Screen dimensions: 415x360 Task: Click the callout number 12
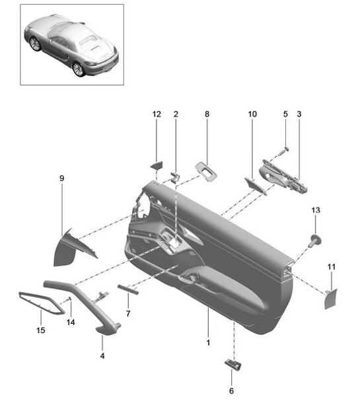point(157,114)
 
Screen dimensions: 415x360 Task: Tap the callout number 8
point(206,114)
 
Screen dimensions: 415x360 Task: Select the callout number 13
point(316,210)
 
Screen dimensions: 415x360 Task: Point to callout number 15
point(41,330)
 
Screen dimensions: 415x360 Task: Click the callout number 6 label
point(231,391)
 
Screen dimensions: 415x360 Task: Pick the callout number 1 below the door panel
point(207,344)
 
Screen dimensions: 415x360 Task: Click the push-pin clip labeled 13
point(315,239)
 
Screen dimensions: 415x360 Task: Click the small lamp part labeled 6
point(231,363)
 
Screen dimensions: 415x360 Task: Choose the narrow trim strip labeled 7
point(127,288)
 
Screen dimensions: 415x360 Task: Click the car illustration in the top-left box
point(71,44)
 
